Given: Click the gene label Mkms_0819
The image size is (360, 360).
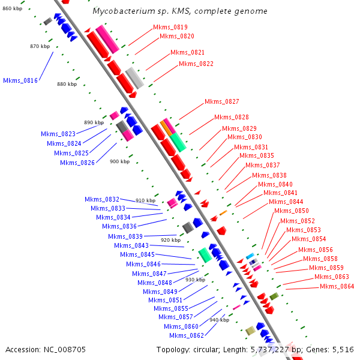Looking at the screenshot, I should tap(170, 27).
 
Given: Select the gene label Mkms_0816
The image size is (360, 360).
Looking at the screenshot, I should tap(20, 80).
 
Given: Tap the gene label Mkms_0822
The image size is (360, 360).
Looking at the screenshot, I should tap(196, 64).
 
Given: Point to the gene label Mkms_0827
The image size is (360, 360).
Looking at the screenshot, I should tap(222, 101).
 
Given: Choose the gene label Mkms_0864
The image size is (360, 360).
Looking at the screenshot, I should tap(337, 286).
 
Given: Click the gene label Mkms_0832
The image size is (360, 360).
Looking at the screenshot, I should tap(102, 199).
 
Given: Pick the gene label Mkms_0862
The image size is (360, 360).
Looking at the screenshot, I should tap(187, 335).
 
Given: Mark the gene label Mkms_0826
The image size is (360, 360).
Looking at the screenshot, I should tap(77, 163).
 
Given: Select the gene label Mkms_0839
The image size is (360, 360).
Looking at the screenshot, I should tap(125, 236).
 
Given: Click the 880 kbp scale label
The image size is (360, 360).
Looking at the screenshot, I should tap(67, 84).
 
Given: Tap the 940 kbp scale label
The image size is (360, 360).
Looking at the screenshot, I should tap(219, 320).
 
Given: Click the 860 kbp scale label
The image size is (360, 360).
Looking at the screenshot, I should tap(13, 8).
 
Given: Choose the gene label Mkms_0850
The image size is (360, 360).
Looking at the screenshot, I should tap(292, 211).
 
